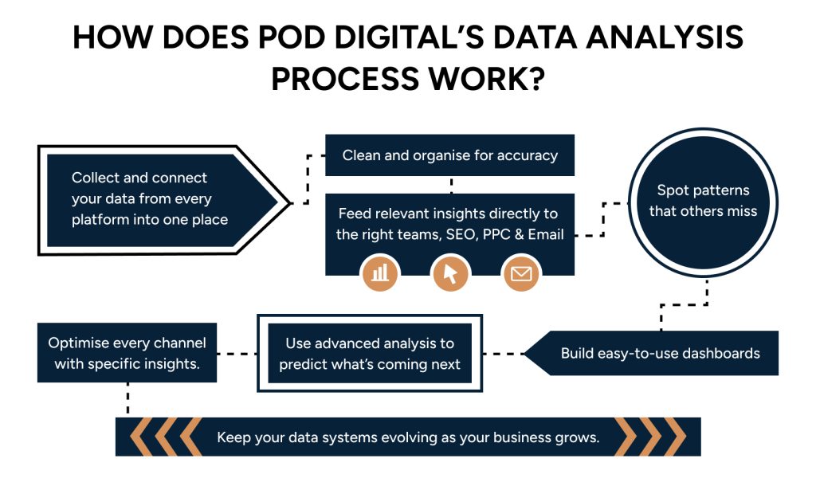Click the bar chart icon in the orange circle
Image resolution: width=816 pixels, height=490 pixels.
point(381,273)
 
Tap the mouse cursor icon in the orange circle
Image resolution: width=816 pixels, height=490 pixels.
point(450,273)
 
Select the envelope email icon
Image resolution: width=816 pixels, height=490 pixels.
point(520,274)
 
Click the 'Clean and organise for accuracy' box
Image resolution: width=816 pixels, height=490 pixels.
point(449,155)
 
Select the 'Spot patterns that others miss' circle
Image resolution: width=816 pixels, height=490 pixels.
point(702,201)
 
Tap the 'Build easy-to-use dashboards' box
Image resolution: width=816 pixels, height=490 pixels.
point(660,353)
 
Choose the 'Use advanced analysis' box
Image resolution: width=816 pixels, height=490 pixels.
point(370,353)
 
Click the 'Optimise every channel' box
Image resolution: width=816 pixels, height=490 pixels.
point(127,352)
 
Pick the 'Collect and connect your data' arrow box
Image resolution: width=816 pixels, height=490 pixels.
point(151,198)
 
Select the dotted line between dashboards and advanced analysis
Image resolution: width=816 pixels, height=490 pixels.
point(502,353)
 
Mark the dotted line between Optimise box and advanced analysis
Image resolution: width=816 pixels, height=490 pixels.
point(237,353)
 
